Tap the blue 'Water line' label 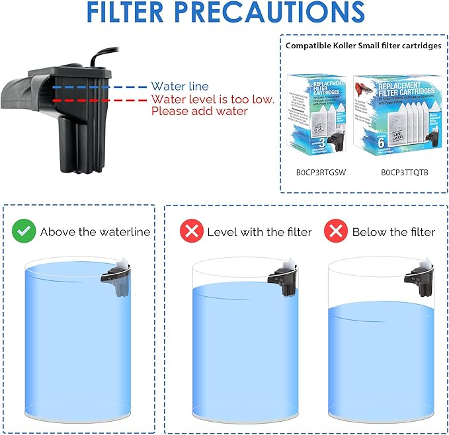tap(179, 87)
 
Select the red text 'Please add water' tap(199, 111)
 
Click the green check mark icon tap(24, 231)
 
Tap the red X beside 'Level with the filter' tap(191, 231)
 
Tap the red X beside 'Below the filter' tap(336, 231)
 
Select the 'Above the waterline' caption tap(95, 232)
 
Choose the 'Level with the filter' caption tap(259, 232)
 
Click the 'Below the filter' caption tap(393, 232)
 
